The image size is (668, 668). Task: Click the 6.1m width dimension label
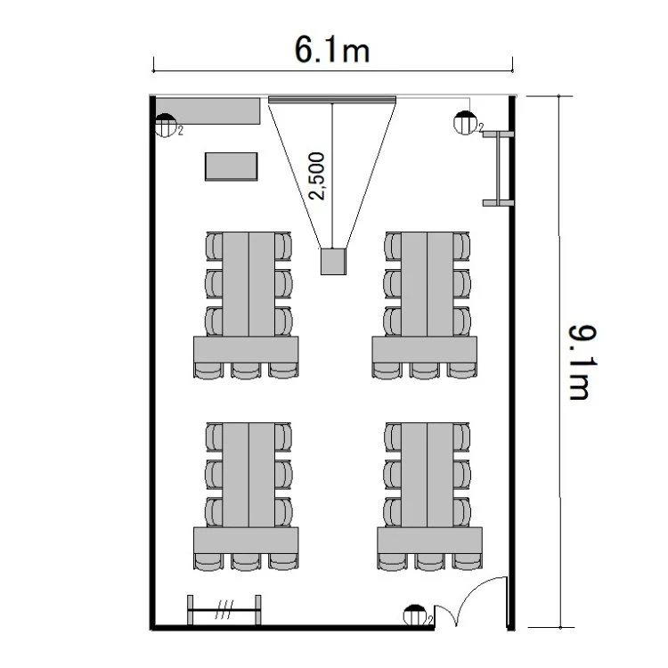(x=332, y=50)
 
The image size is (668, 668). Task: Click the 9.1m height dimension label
(x=582, y=363)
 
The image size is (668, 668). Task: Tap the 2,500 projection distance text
(x=317, y=176)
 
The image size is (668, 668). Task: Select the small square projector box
(x=333, y=261)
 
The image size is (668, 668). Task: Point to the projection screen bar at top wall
(x=332, y=100)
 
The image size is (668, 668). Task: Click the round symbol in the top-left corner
(x=166, y=126)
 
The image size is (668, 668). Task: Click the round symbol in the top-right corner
(x=465, y=123)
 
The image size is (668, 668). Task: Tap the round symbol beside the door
(x=414, y=615)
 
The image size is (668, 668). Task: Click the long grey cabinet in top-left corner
(x=208, y=111)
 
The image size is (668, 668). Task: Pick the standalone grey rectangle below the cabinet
(x=232, y=167)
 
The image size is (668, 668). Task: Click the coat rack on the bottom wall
(x=224, y=610)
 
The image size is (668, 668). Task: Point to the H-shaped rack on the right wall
(x=498, y=168)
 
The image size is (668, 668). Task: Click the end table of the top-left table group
(x=246, y=349)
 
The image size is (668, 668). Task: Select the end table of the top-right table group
(x=425, y=349)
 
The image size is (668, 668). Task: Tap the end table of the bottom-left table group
(x=246, y=541)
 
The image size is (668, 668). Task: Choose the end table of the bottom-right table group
(x=430, y=541)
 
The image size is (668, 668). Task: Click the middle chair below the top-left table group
(x=246, y=371)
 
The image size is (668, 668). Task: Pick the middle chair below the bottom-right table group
(x=430, y=561)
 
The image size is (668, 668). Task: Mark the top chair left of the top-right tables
(x=393, y=246)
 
